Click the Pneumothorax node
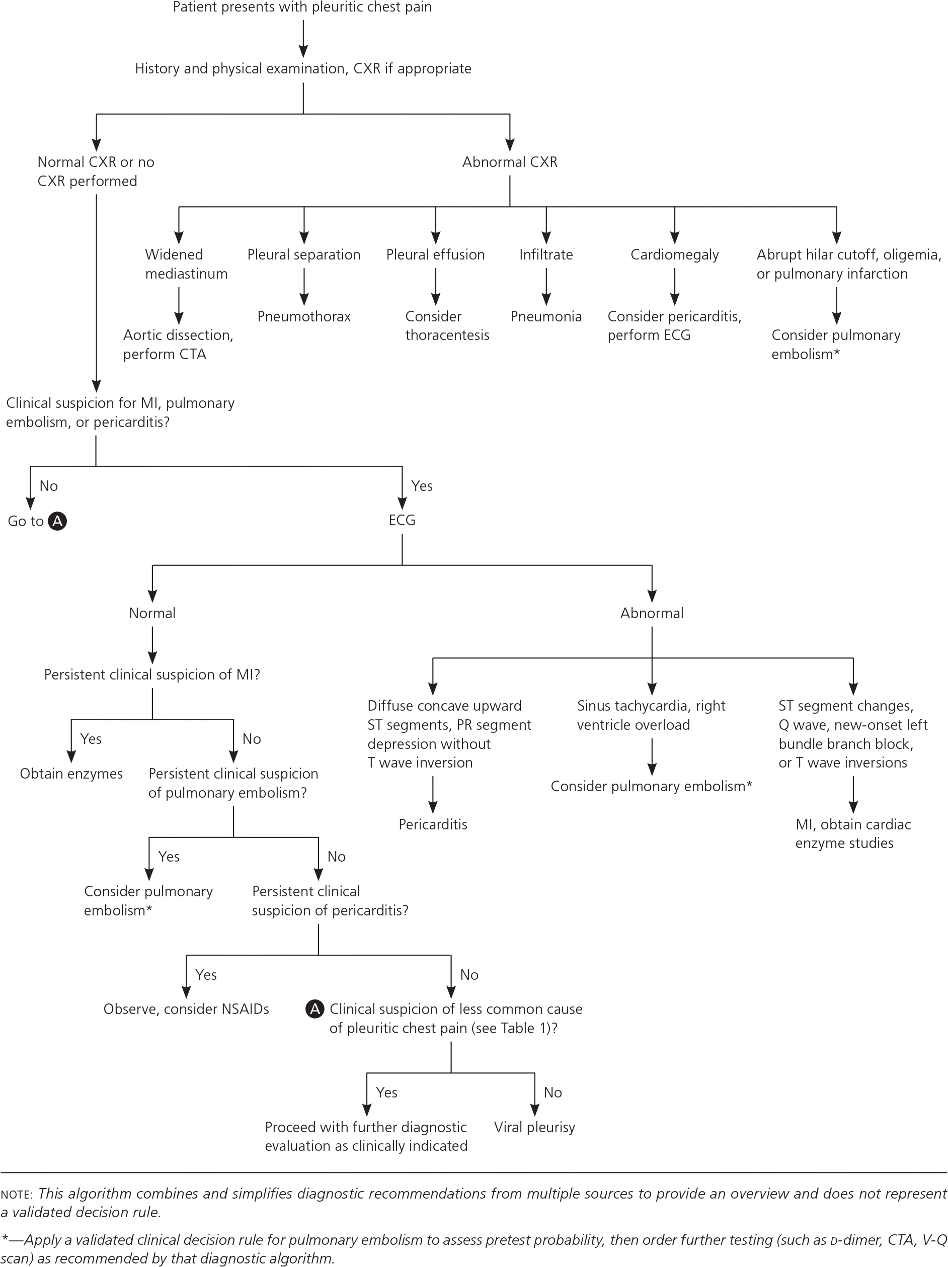point(304,316)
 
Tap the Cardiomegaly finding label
point(674,255)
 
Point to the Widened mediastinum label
point(186,264)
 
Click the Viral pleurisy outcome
point(534,1127)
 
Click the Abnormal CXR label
point(510,161)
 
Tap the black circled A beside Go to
point(57,521)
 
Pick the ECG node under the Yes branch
point(402,520)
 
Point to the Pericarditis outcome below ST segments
point(433,824)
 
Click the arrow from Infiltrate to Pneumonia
point(546,286)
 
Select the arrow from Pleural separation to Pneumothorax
point(304,286)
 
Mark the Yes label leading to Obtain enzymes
point(91,739)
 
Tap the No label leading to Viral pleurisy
point(552,1092)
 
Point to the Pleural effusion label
point(435,255)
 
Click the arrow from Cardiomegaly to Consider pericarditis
point(675,286)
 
